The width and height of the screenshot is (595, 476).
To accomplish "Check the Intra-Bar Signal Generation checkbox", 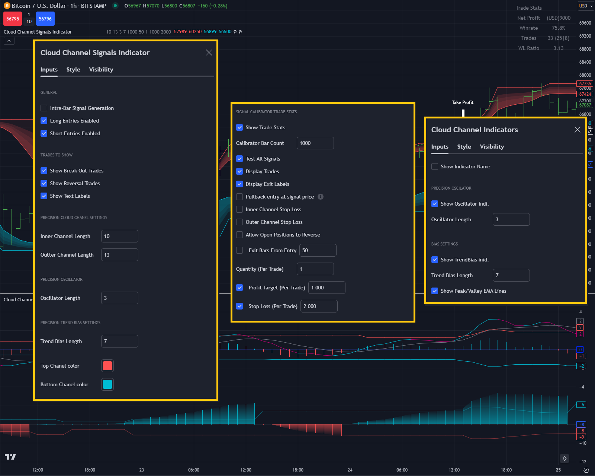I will [44, 108].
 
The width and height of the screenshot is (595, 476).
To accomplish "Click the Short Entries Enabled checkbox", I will [44, 133].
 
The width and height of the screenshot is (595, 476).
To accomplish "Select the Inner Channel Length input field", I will [119, 236].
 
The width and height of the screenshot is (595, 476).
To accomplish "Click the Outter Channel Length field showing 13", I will [119, 255].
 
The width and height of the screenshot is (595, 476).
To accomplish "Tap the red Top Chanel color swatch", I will [107, 366].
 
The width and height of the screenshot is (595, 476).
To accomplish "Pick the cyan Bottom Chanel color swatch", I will [107, 384].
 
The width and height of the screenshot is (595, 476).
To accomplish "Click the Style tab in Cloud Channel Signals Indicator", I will [73, 70].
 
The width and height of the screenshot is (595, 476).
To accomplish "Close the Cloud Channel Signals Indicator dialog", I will [209, 53].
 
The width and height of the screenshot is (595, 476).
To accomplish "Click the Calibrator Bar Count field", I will [315, 143].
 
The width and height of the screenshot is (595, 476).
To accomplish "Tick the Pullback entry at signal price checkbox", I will [239, 197].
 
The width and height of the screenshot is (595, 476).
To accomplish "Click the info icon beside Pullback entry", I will [321, 197].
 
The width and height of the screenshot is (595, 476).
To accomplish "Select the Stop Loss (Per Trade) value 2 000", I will [319, 306].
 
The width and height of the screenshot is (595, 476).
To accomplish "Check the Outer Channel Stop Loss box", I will [239, 222].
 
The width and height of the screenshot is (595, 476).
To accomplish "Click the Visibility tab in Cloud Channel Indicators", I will [492, 147].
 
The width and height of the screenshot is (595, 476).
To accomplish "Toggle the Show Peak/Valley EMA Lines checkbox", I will [435, 291].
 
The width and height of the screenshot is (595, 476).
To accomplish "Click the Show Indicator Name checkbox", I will [435, 166].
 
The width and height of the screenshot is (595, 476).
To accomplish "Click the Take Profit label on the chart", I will [463, 102].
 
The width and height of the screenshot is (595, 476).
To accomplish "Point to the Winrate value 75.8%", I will [559, 28].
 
